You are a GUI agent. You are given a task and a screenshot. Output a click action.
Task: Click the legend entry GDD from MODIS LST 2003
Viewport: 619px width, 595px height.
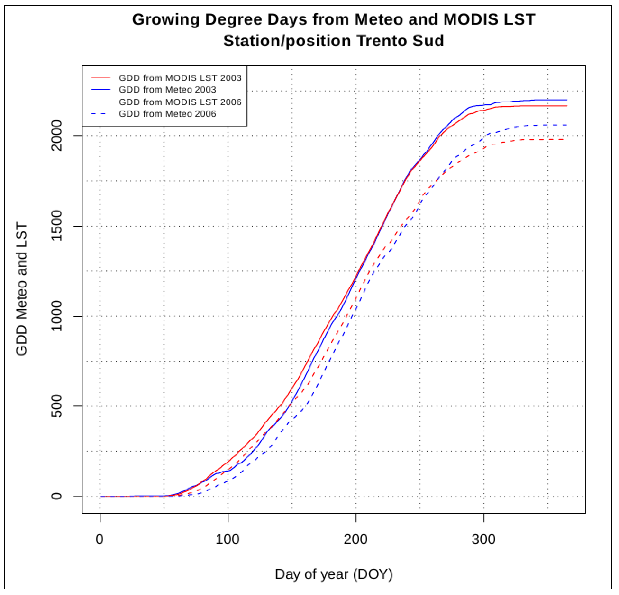[180, 78]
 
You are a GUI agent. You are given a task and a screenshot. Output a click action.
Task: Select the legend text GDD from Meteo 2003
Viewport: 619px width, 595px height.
[167, 90]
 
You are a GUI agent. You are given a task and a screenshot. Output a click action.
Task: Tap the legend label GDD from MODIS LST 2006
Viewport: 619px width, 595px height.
[180, 102]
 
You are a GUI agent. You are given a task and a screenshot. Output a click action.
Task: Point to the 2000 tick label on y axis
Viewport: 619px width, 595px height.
[57, 136]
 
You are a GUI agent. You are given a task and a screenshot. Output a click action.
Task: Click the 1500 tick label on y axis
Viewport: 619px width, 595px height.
[57, 226]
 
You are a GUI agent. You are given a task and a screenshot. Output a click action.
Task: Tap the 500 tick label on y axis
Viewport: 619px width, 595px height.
[57, 406]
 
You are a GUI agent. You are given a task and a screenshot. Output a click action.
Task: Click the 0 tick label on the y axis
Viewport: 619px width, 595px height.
[57, 496]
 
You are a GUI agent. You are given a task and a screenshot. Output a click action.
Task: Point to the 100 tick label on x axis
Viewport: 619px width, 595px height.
[227, 539]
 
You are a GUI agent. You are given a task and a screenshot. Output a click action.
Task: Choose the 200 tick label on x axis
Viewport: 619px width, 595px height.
[356, 539]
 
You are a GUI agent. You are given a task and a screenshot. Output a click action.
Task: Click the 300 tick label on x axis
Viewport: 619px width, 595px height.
[483, 539]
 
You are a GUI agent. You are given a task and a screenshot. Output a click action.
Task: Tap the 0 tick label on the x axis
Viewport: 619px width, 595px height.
[100, 539]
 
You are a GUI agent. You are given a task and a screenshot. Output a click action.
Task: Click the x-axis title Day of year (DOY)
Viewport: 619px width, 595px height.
[334, 574]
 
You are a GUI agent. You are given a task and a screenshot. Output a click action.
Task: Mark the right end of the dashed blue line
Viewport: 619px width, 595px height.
[567, 125]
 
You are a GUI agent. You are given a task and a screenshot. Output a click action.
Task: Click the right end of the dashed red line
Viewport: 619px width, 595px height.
[567, 139]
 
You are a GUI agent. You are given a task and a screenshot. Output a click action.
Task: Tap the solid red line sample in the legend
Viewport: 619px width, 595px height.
[101, 78]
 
